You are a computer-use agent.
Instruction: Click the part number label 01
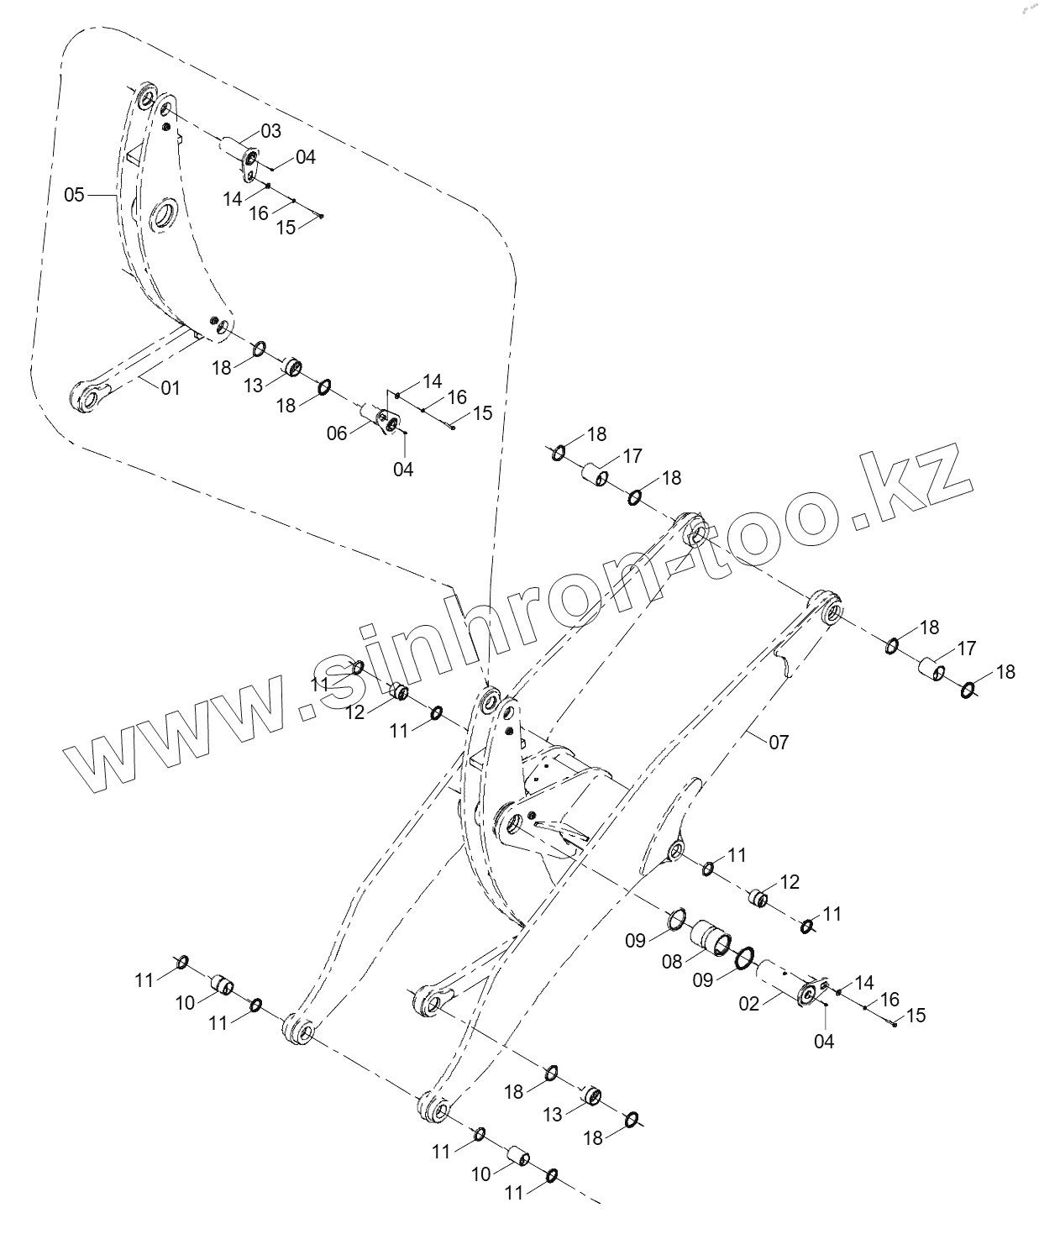point(171,388)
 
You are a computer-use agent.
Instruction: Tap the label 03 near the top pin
point(270,131)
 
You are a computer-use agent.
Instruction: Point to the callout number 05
point(75,195)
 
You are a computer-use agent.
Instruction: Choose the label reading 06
point(337,433)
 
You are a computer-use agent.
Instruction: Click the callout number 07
point(779,743)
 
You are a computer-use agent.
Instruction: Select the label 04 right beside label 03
point(306,157)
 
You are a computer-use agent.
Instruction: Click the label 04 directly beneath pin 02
point(825,1042)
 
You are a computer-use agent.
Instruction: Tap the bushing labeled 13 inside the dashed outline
point(292,367)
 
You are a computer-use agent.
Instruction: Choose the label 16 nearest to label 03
point(259,213)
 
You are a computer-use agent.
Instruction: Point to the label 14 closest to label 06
point(432,382)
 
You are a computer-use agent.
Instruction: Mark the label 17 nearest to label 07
point(967,648)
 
